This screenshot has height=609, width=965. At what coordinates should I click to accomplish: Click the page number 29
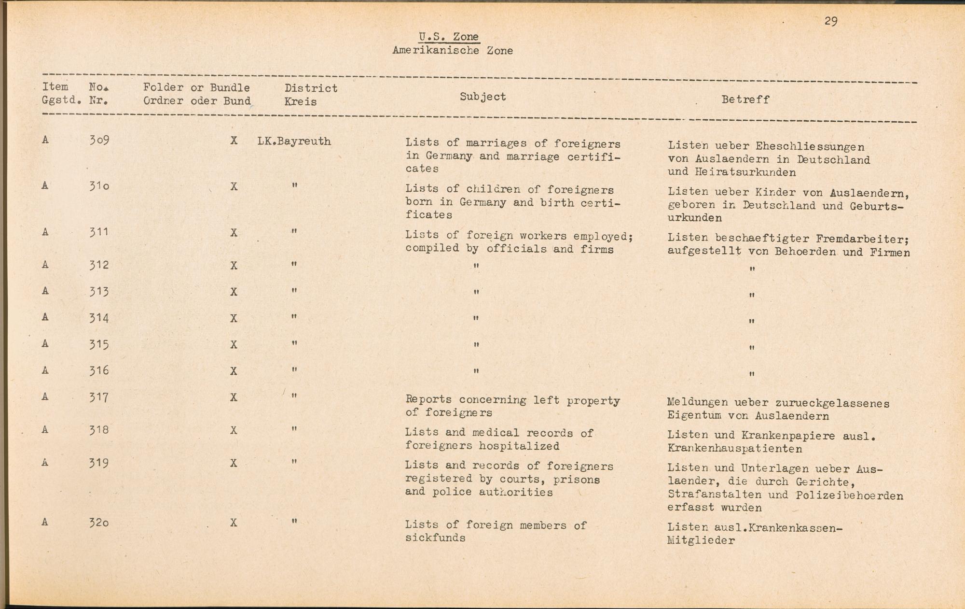[830, 21]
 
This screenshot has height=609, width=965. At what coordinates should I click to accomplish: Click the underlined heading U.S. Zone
[449, 37]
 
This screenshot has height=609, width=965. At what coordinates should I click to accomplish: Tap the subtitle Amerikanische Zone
[452, 51]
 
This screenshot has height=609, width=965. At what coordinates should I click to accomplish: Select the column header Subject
[482, 97]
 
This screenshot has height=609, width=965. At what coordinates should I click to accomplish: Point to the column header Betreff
[745, 99]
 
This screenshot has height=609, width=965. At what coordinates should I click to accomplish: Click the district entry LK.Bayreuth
[294, 142]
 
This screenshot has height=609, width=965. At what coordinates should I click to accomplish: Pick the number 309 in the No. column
[99, 141]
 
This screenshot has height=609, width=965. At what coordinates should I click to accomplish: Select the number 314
[99, 318]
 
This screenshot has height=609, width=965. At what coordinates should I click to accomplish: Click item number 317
[99, 397]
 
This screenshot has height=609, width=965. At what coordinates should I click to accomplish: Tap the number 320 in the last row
[99, 522]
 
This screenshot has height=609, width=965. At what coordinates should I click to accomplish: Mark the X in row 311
[234, 233]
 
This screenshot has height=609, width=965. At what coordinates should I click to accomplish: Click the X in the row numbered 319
[234, 463]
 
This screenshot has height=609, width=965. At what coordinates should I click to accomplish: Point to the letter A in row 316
[45, 370]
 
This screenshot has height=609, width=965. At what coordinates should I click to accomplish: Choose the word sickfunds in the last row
[435, 538]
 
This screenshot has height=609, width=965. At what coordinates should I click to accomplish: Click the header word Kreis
[300, 102]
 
